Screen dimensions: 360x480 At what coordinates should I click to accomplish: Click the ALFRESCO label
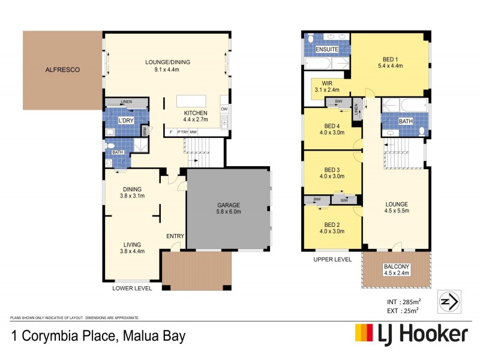tap(62, 70)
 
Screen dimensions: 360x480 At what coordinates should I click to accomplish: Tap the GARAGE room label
tap(229, 205)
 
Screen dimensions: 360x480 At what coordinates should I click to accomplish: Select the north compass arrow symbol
tap(451, 301)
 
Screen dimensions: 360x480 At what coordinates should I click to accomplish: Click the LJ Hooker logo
tap(411, 334)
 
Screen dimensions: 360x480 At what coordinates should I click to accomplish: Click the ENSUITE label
tap(327, 49)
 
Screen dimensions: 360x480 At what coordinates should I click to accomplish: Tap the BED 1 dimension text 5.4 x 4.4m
tap(390, 66)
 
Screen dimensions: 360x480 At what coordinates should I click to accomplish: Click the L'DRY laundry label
tap(126, 121)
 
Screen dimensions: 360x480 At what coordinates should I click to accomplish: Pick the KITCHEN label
tap(196, 113)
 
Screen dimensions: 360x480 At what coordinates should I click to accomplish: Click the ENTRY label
tap(175, 236)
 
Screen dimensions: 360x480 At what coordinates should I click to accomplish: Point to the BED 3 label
tap(332, 169)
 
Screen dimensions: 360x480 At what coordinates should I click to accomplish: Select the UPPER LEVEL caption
tap(332, 259)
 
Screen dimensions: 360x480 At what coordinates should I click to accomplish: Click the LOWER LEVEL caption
tap(132, 288)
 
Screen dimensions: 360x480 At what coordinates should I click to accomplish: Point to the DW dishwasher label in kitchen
tap(224, 109)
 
